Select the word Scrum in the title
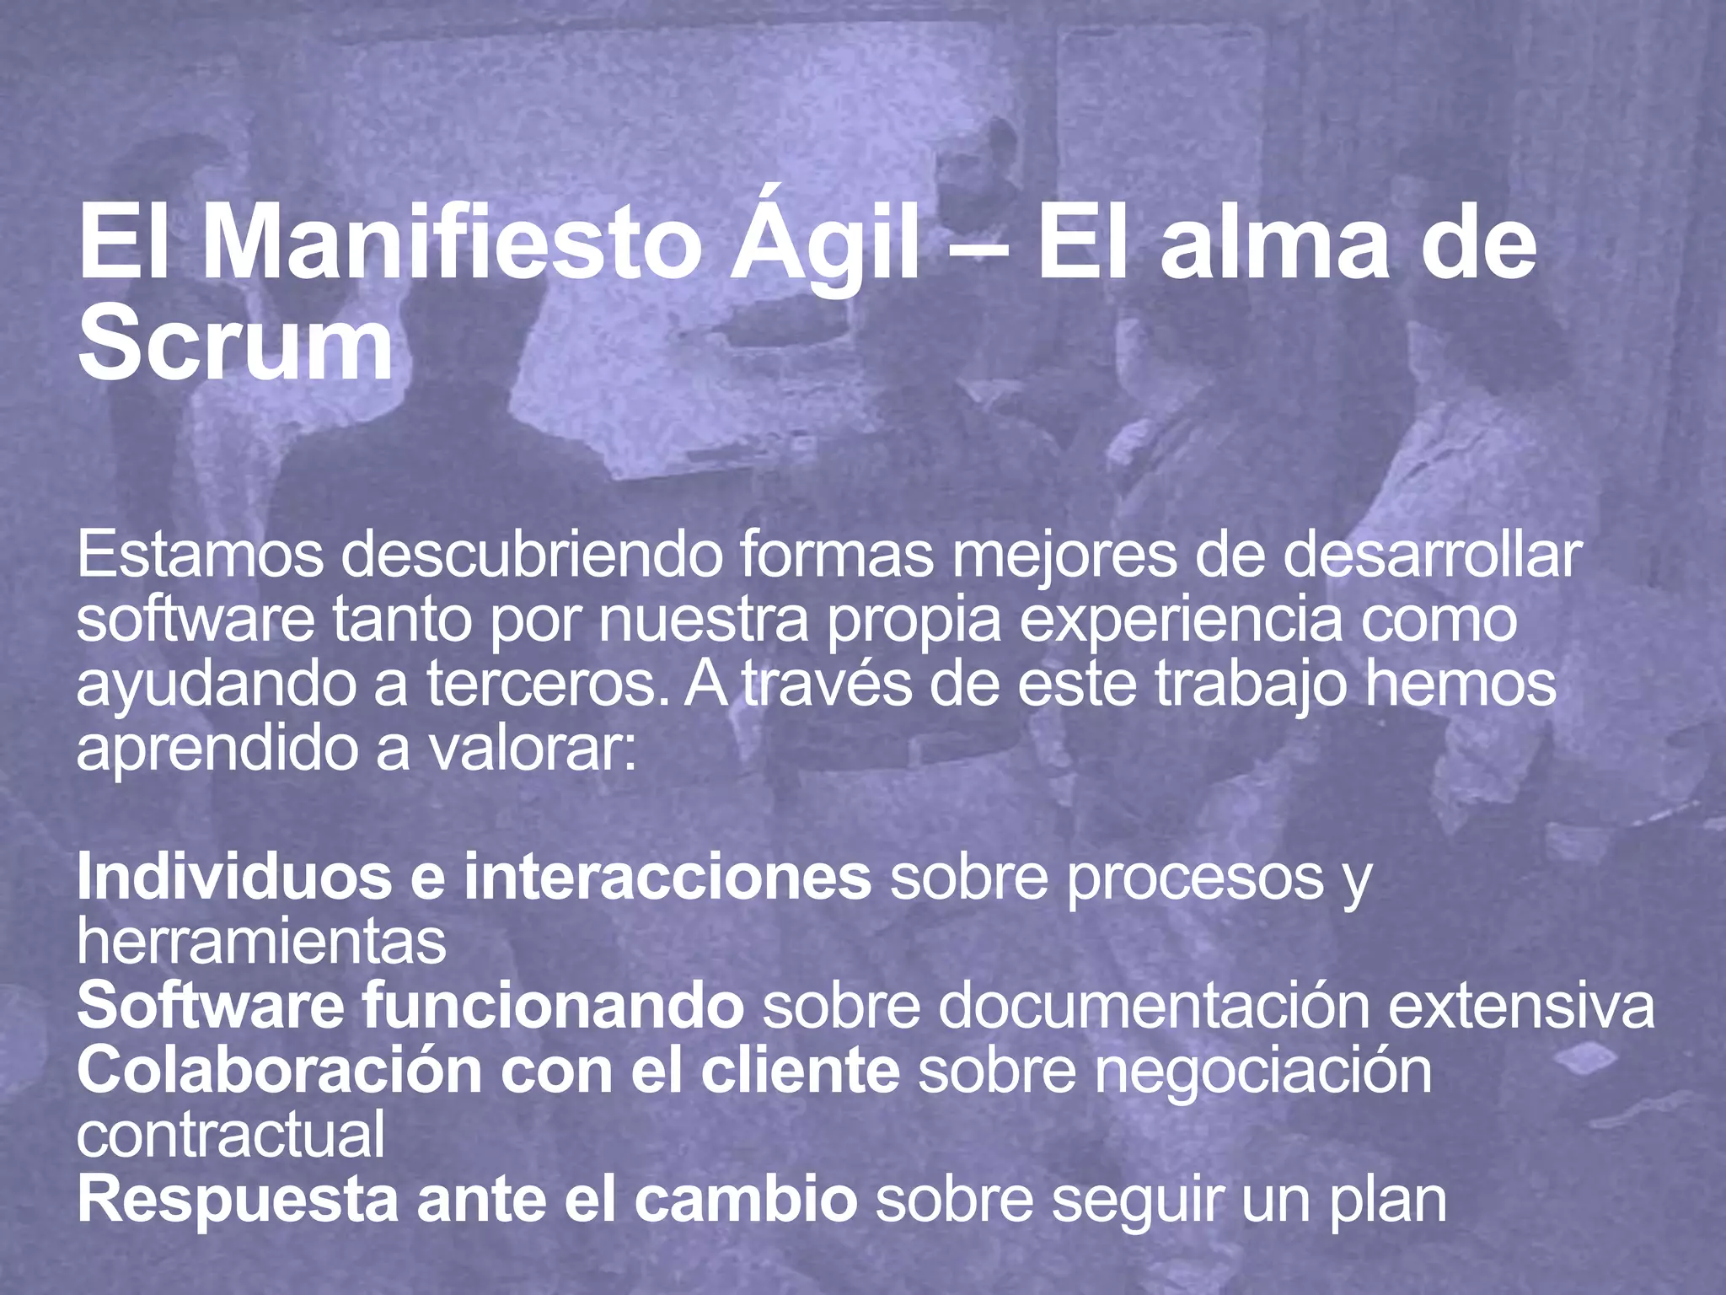coord(235,346)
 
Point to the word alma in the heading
coord(1273,244)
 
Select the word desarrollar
coord(1432,556)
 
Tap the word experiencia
coord(1180,621)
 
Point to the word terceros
coord(552,684)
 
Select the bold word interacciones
coord(667,878)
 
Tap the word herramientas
coord(261,942)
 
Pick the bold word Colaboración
coord(278,1071)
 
